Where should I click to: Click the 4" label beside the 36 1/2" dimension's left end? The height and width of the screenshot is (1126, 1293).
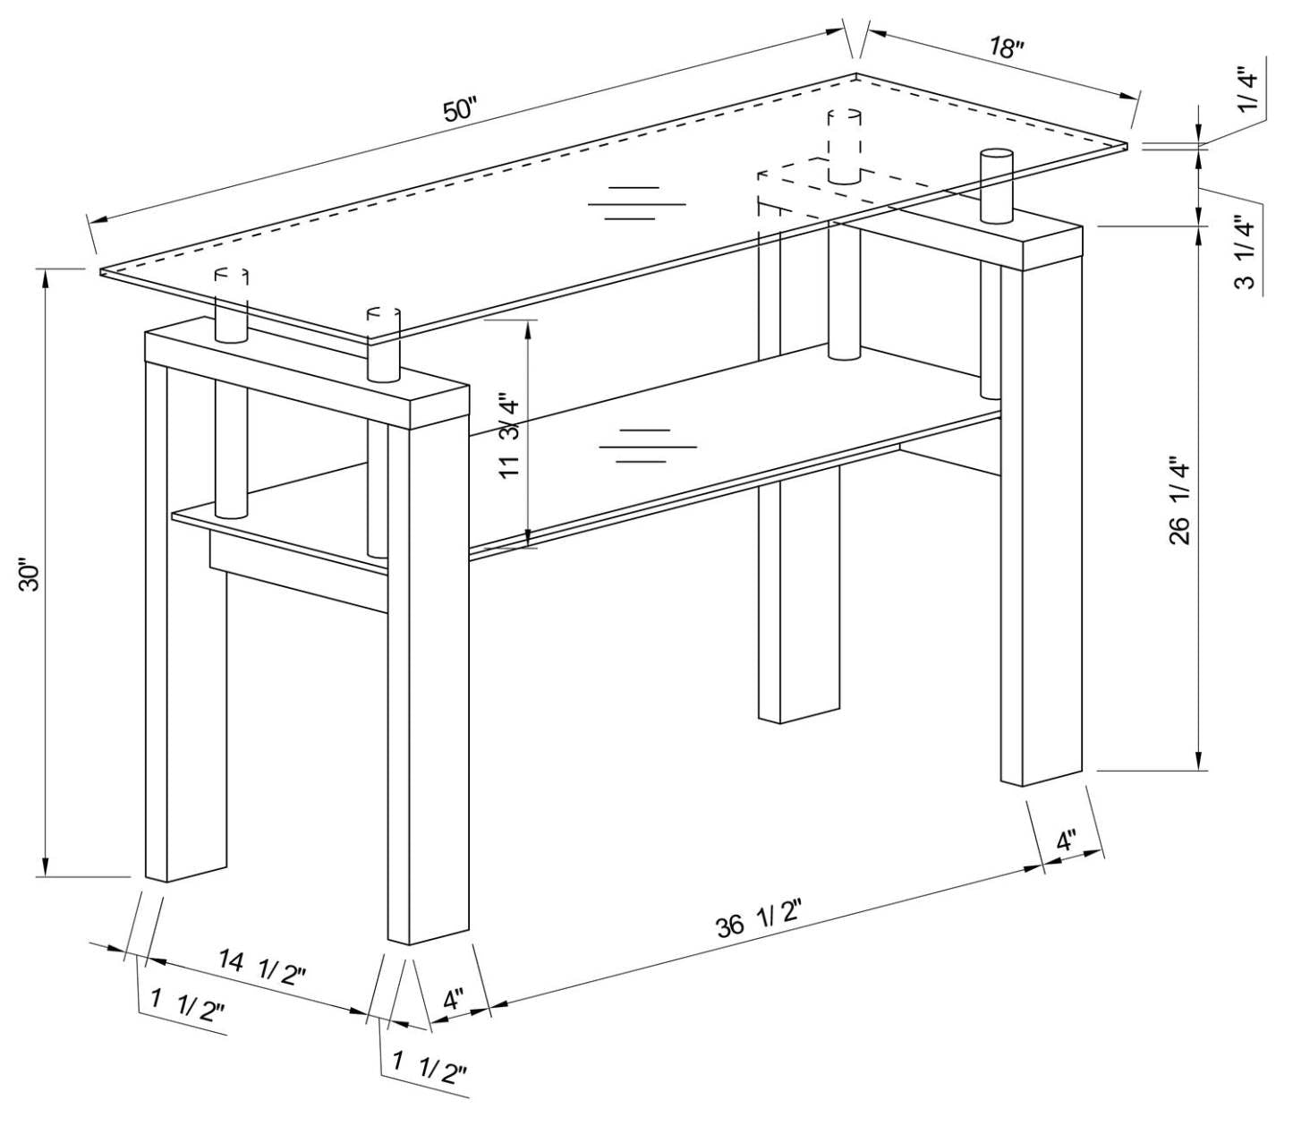tap(454, 997)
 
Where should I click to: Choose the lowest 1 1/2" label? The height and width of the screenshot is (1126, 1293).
tap(430, 1068)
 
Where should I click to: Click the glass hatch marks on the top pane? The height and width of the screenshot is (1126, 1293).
tap(636, 203)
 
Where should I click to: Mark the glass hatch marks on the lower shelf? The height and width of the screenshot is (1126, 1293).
tap(647, 445)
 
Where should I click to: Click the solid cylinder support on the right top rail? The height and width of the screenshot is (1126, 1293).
tap(995, 186)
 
